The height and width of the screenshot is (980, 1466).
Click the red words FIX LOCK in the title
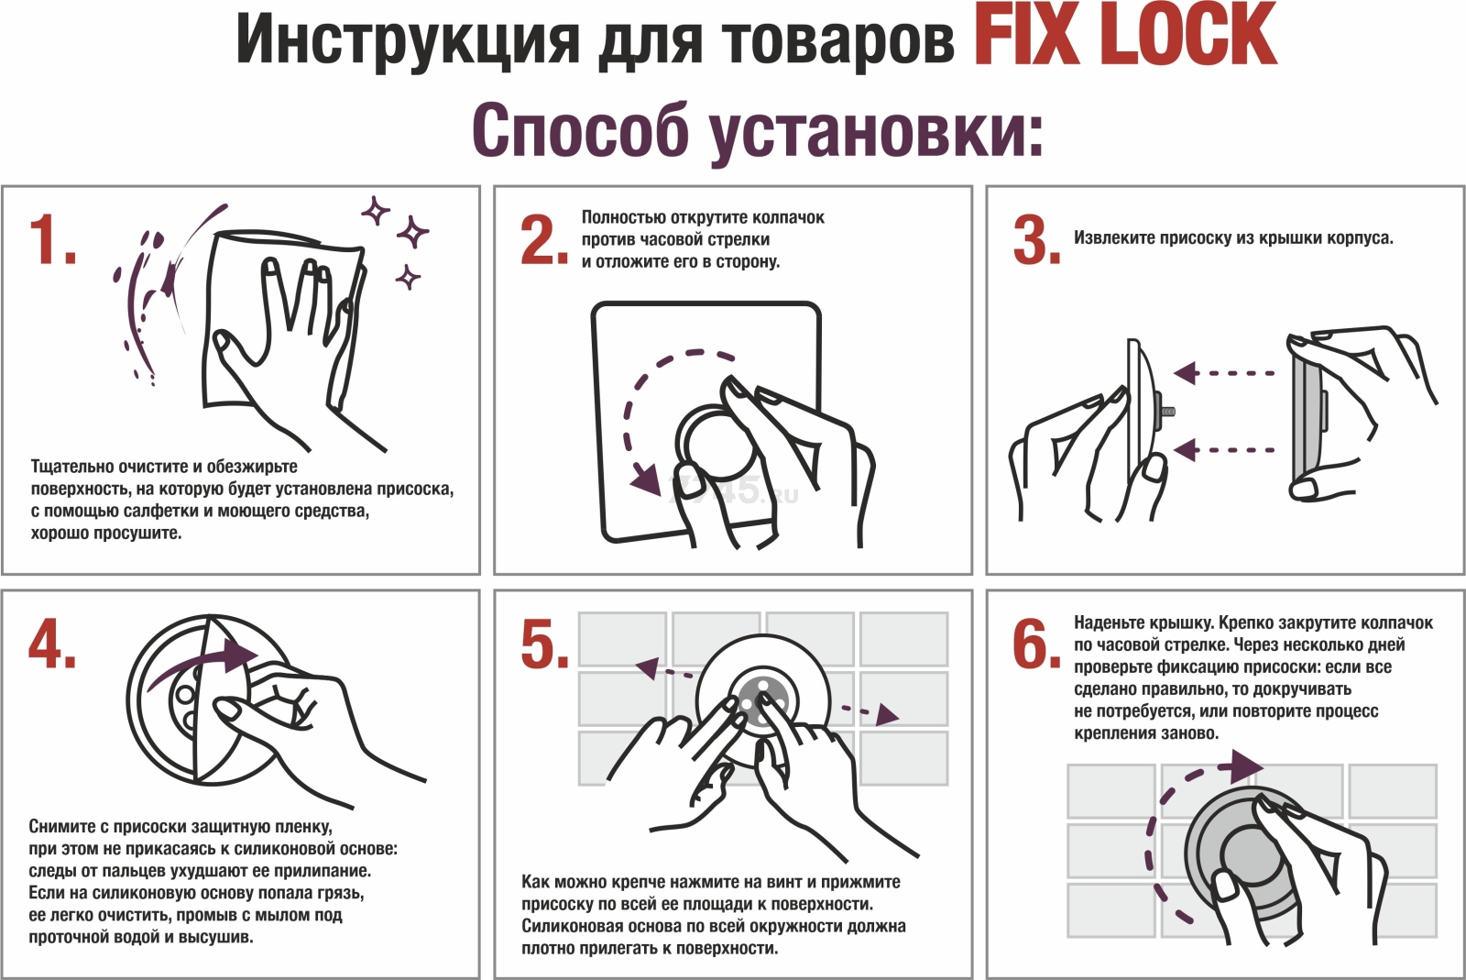1124,37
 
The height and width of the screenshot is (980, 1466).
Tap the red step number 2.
544,241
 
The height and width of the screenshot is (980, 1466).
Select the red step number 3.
1036,241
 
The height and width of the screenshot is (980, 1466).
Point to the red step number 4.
51,644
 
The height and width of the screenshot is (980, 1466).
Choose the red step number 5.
544,644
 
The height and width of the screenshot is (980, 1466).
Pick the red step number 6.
1036,644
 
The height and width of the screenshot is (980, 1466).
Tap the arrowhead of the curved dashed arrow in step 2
645,477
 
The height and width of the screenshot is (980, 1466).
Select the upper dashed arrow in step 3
1224,373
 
